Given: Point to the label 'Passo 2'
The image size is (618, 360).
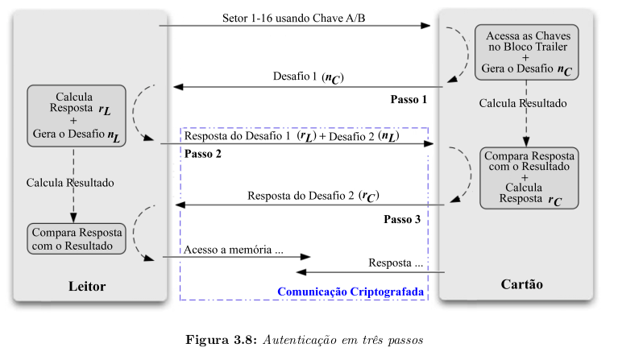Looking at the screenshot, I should pos(202,154).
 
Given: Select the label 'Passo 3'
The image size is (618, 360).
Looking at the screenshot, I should pos(401,219).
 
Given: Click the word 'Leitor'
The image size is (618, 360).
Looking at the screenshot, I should pos(86,287).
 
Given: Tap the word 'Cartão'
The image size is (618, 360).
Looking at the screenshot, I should pos(522,285).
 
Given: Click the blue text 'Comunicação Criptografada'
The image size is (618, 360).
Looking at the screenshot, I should pos(350,291).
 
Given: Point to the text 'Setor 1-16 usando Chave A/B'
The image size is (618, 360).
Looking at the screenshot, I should pos(294,17).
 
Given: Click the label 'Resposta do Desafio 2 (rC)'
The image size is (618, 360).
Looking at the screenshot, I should pos(313,196).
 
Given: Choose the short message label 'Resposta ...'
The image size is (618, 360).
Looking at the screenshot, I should pos(396,263).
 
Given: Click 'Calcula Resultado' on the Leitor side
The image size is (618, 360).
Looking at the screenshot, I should pos(70,183).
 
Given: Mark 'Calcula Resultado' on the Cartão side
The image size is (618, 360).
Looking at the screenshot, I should pos(523,103).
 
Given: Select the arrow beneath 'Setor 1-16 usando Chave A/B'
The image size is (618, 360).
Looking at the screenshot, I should pos(294,27).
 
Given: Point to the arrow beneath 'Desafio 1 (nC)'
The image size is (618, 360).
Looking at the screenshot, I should pos(310,87).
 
